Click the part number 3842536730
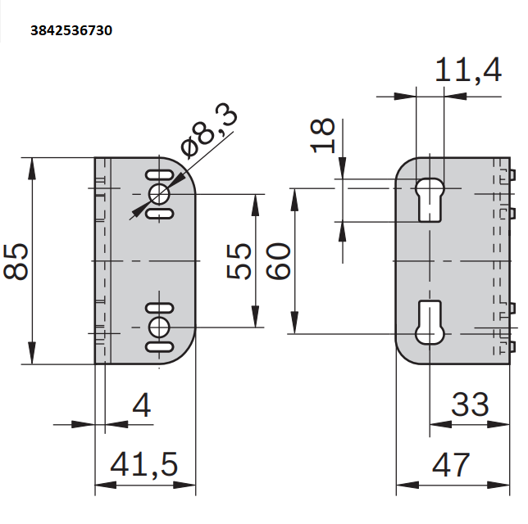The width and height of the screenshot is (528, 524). coord(71,30)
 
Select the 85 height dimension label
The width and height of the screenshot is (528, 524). coord(16,261)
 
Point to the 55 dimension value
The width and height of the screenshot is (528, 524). coord(239,261)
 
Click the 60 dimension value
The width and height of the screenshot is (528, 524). coord(278,261)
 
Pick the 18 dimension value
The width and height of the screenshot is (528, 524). coord(322,136)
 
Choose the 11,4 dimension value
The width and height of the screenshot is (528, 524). coord(468,70)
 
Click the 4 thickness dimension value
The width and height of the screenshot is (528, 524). coord(142,405)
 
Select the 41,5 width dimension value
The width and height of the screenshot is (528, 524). coord(143,464)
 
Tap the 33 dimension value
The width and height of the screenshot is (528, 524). coord(470,404)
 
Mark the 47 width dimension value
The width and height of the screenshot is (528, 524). coord(451,464)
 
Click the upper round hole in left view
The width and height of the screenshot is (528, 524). coord(159,194)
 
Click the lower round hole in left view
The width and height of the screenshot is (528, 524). coord(159,327)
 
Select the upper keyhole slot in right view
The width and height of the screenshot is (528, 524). coord(430,200)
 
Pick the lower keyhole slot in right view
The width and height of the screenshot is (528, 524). coord(430,323)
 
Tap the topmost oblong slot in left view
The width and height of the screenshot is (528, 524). coord(159,175)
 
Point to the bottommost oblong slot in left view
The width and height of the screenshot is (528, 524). coord(159,347)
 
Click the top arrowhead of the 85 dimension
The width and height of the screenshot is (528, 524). coord(32,168)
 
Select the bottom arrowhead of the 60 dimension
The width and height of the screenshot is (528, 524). coord(294,323)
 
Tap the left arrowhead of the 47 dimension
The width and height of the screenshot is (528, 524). coord(407,485)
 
